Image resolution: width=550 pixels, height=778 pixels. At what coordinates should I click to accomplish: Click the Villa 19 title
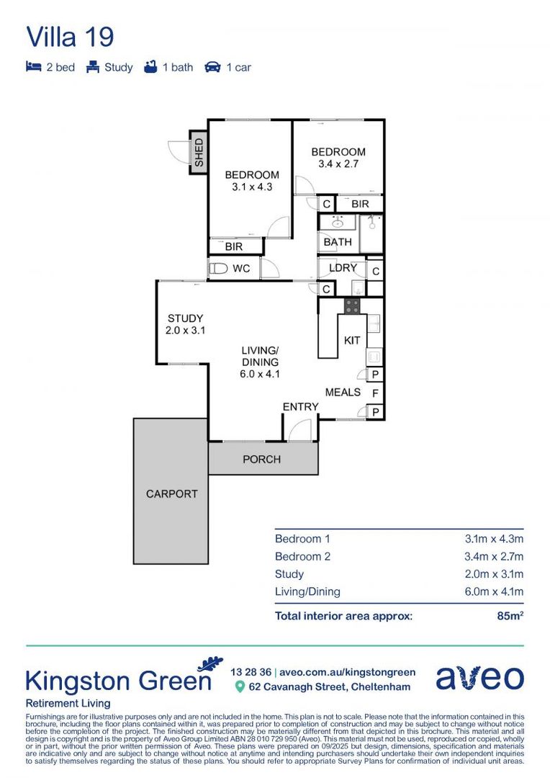point(70,36)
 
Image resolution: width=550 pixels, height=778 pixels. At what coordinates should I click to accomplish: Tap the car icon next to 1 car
point(212,67)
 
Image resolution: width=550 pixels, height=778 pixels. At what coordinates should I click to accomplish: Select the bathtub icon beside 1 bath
point(150,67)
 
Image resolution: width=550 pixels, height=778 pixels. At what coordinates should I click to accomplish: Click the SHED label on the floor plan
point(199,153)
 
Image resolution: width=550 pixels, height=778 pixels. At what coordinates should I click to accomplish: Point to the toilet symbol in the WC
point(217,269)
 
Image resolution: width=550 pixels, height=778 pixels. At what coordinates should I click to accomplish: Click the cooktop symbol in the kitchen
point(352,305)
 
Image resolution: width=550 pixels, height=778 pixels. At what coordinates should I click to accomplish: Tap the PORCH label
point(261,459)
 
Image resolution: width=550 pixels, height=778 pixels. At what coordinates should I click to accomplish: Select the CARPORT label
point(171,493)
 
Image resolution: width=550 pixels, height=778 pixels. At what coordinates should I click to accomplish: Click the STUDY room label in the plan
point(185,318)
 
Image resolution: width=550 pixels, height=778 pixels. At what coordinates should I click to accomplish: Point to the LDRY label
point(343,268)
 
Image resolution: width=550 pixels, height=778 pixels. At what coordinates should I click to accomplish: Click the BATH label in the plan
point(338,242)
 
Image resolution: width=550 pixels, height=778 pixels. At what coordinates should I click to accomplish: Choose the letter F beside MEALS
point(375,393)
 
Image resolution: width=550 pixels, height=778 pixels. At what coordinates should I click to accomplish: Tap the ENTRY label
point(300,407)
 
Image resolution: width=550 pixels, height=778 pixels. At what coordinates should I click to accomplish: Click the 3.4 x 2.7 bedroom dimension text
point(338,164)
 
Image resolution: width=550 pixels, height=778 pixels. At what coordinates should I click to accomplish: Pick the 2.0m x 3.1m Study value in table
point(494,574)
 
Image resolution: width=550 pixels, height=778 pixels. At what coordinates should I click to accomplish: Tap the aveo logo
point(479,677)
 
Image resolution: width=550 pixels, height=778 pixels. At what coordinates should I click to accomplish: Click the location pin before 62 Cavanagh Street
point(240,687)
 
